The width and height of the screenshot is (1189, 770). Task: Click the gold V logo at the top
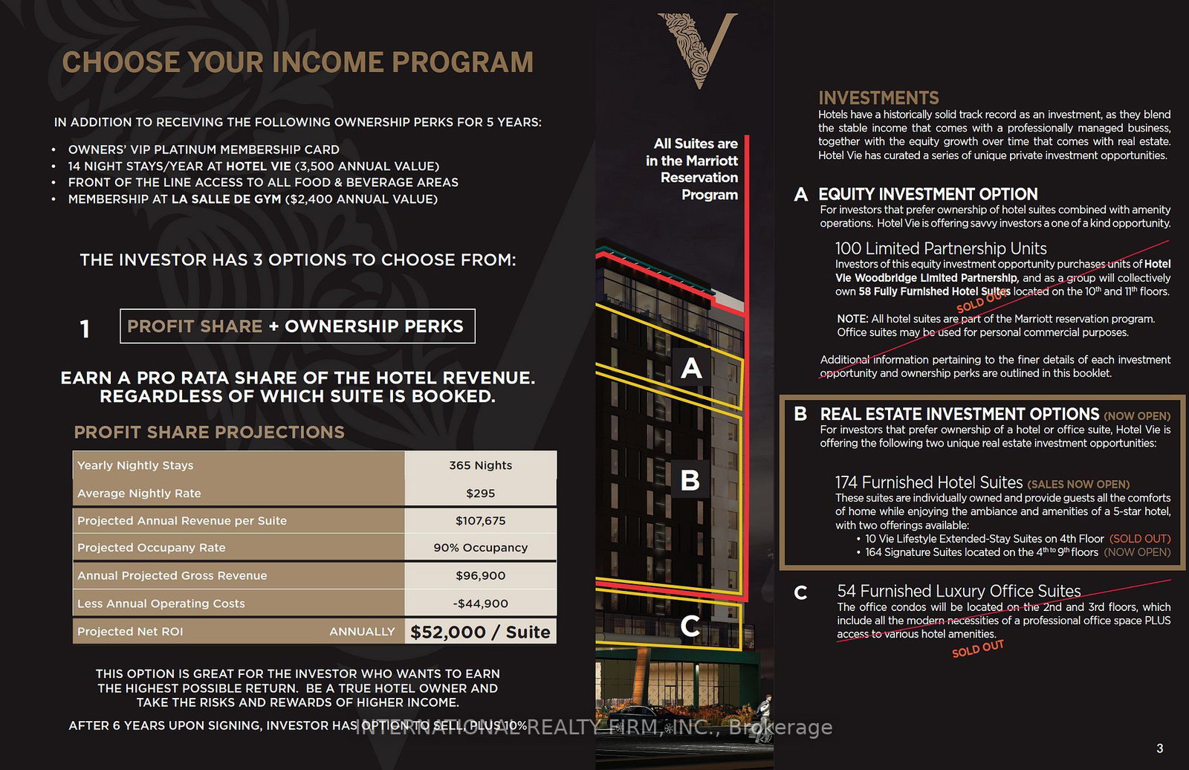point(698,51)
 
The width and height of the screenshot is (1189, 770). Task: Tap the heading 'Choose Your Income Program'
point(298,62)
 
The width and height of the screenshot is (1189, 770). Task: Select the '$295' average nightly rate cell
point(480,494)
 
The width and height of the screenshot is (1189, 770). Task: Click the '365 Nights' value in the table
point(480,465)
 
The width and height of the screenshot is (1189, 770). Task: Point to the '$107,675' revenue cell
point(480,521)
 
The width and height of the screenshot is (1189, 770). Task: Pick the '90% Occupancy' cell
point(480,548)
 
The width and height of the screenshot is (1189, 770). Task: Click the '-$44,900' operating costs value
point(480,604)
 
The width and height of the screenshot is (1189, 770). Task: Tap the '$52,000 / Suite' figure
point(480,632)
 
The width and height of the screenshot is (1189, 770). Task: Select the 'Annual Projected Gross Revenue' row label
point(172,575)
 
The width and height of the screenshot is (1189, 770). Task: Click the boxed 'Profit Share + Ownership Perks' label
point(297,326)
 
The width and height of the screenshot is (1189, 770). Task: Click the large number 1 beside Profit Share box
point(85,329)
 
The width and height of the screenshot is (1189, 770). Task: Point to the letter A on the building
point(691,368)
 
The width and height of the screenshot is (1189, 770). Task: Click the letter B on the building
point(690,480)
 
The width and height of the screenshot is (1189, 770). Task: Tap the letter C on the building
point(690,627)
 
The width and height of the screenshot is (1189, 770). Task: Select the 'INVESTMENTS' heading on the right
point(878,98)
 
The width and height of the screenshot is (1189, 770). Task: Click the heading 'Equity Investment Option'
point(927,195)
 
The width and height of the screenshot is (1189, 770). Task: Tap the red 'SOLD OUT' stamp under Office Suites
point(978,648)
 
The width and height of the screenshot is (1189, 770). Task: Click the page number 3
point(1160,748)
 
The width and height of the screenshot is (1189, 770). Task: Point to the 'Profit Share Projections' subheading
point(209,433)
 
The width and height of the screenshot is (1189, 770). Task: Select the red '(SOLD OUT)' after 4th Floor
point(1139,539)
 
